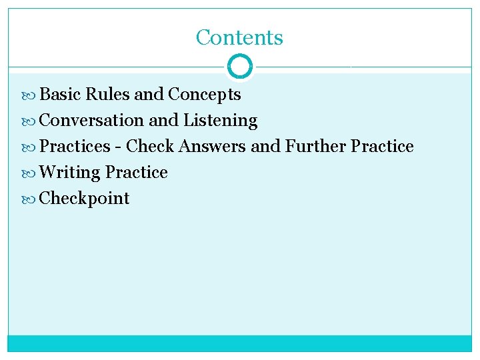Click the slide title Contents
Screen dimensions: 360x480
point(239,37)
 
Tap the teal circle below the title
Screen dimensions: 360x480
point(239,67)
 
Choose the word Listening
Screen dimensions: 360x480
point(220,121)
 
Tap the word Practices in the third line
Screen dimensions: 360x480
point(75,147)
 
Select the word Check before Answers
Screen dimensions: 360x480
point(150,147)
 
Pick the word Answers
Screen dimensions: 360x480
point(213,147)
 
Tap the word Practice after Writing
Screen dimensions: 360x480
point(136,173)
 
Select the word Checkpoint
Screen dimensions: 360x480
point(85,199)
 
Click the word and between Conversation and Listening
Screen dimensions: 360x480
point(163,121)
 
